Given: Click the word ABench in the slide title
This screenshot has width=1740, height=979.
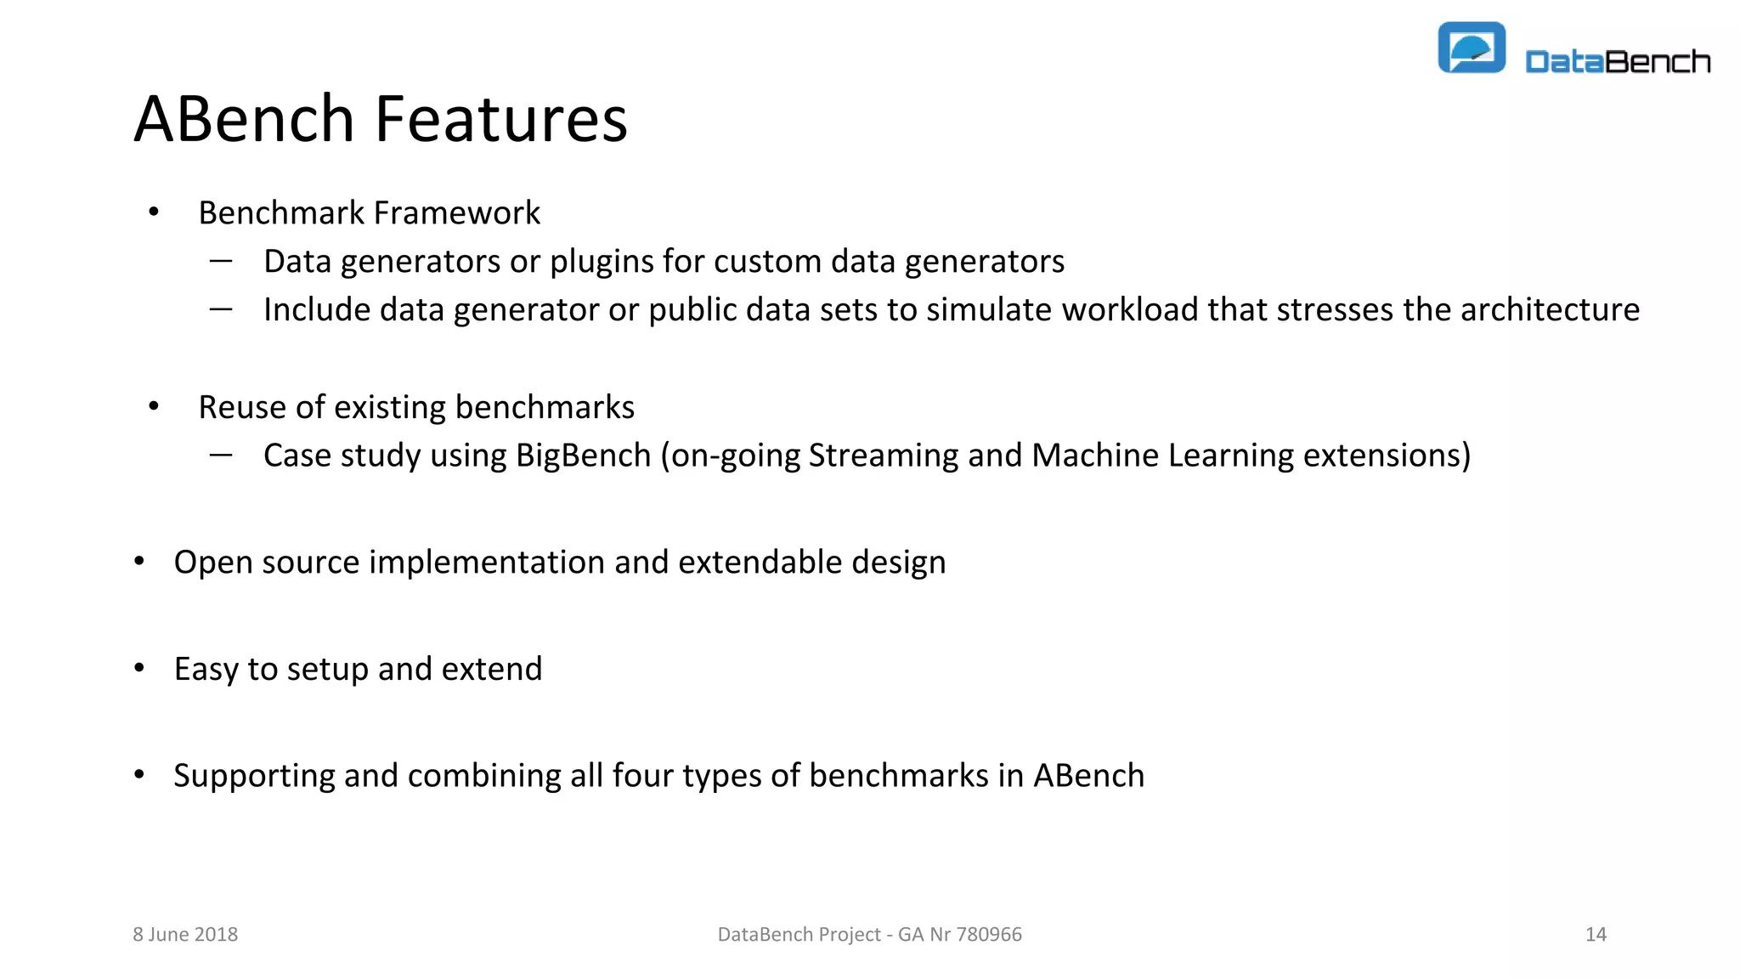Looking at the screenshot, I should click(244, 119).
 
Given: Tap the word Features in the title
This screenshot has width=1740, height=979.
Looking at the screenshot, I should click(500, 119).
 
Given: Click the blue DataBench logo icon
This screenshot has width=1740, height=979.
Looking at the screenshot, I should click(1472, 48).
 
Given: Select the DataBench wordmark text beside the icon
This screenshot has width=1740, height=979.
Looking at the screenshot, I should click(1618, 62).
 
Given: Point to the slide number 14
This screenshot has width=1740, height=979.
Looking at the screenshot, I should click(1596, 935).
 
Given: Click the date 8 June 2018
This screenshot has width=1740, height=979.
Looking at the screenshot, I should click(185, 935).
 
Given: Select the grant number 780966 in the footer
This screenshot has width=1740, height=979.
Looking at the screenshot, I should click(989, 935).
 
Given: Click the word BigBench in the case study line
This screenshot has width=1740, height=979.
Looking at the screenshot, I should click(583, 456).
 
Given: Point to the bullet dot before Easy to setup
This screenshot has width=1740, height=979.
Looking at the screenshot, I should click(139, 668).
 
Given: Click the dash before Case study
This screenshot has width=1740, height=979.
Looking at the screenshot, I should click(221, 456).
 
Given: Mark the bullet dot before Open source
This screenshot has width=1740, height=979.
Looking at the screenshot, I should click(139, 561).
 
